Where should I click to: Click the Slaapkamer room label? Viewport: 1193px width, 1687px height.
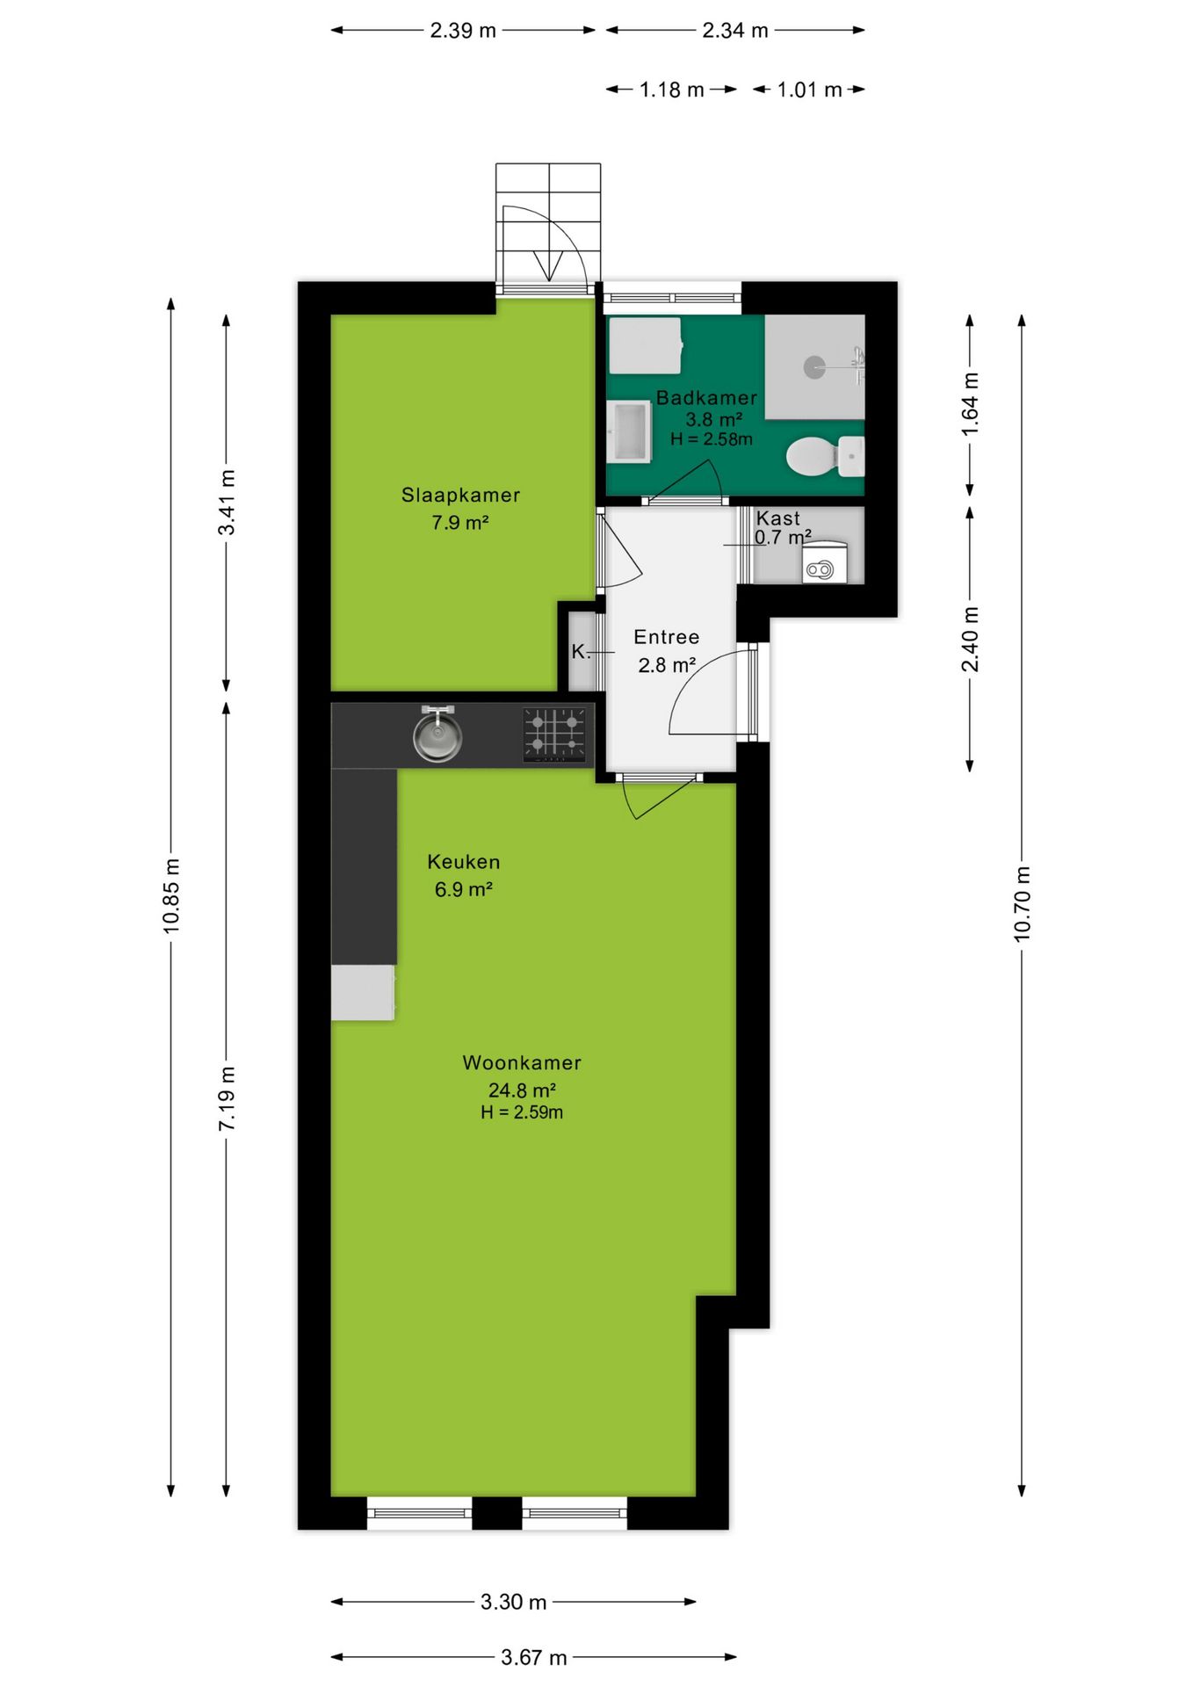point(460,495)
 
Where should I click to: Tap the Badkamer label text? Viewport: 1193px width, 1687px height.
point(706,397)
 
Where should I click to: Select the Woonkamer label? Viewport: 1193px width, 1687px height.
point(522,1062)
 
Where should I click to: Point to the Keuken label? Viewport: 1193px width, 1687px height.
point(463,862)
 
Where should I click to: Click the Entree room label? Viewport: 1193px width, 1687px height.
point(666,637)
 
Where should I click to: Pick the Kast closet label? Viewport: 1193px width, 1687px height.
point(777,518)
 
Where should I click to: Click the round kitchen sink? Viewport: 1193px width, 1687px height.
point(437,736)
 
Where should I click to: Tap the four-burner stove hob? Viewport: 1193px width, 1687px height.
point(554,734)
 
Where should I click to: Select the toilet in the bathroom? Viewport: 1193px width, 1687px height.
point(825,457)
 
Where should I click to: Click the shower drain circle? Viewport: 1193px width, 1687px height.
point(814,367)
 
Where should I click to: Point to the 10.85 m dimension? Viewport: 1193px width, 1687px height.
point(171,896)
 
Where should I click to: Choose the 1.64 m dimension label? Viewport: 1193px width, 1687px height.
point(969,404)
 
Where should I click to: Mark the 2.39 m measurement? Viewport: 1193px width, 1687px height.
point(463,31)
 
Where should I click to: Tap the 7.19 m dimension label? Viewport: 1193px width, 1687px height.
point(227,1098)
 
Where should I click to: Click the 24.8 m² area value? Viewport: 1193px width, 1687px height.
point(522,1090)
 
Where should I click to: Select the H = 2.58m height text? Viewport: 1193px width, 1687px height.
point(711,439)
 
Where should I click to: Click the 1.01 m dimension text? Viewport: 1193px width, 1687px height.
point(809,90)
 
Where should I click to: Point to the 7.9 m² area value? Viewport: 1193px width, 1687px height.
point(459,523)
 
